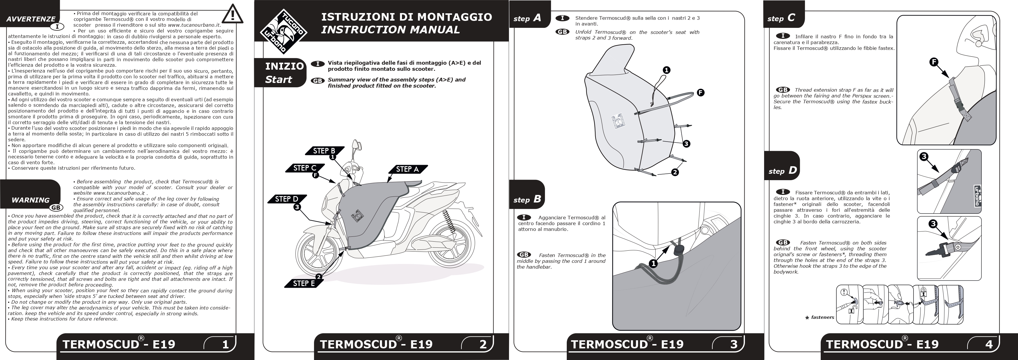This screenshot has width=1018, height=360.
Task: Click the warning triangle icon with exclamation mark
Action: [x=232, y=14]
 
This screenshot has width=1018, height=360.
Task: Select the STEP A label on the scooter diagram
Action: [x=407, y=169]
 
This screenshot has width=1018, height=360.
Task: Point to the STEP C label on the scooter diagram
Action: [x=304, y=168]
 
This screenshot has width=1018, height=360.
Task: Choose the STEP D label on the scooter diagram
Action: [x=286, y=199]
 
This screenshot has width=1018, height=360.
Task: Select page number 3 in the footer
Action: [x=734, y=344]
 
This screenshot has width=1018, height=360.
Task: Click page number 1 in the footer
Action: [x=225, y=344]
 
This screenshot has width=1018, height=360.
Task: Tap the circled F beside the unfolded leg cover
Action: [x=700, y=93]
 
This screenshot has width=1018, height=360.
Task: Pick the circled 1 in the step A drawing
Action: [x=666, y=70]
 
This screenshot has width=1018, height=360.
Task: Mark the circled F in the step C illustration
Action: [x=934, y=62]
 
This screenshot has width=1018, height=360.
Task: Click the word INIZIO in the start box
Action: [x=284, y=66]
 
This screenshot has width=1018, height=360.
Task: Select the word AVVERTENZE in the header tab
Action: [x=31, y=19]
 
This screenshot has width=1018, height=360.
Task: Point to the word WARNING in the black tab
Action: [x=30, y=200]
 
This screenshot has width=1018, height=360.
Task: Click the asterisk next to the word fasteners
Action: [x=807, y=318]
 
